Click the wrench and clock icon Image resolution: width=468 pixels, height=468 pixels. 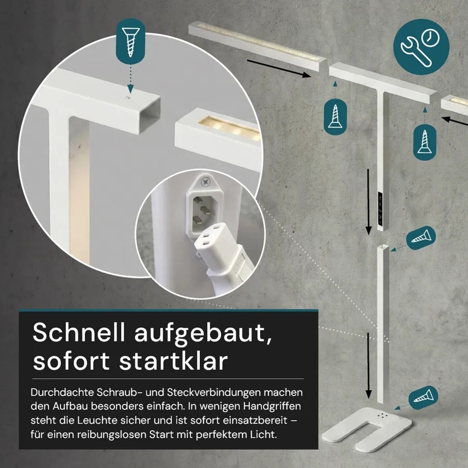(421, 47)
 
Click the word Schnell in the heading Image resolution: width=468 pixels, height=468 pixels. (79, 332)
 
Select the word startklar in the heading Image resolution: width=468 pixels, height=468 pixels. (173, 361)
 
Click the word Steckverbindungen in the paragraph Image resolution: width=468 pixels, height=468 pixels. (214, 392)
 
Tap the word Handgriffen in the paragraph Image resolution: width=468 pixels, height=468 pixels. (272, 406)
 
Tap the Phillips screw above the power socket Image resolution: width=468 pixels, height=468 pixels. (205, 182)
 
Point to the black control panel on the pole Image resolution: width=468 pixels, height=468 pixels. (381, 208)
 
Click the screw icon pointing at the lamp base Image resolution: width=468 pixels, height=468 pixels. (423, 397)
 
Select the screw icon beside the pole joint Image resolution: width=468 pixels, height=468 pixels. (421, 238)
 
